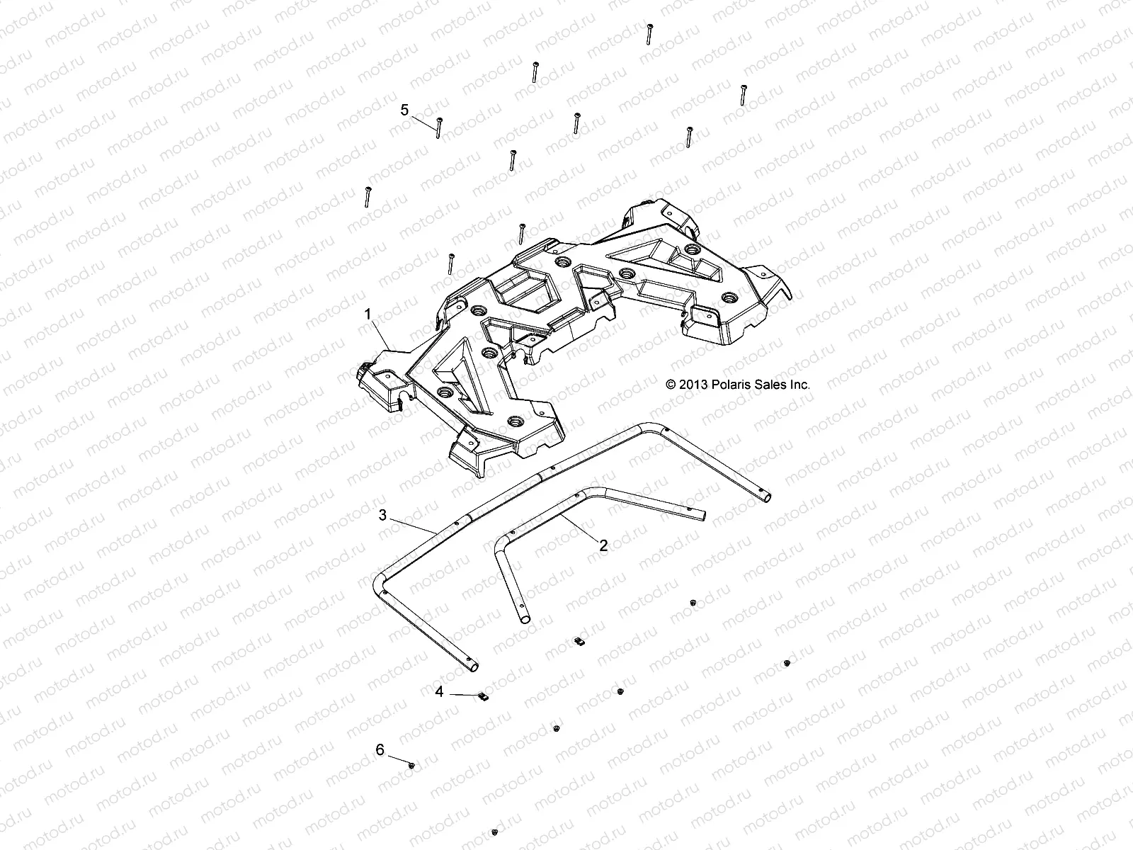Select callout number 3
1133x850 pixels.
(382, 515)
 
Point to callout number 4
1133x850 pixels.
(439, 691)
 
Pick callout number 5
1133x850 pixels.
(404, 110)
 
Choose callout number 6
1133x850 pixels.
(380, 749)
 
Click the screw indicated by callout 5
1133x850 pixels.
(439, 127)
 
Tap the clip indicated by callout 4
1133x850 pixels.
(484, 697)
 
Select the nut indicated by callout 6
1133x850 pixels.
(411, 765)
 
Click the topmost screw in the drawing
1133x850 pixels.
(649, 33)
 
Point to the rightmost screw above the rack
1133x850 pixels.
(744, 95)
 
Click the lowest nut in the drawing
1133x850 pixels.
(494, 832)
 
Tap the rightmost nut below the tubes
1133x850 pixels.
(787, 663)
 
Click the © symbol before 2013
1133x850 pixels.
(671, 385)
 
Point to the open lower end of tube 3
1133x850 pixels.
(472, 666)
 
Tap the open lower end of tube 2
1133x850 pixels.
(525, 619)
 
